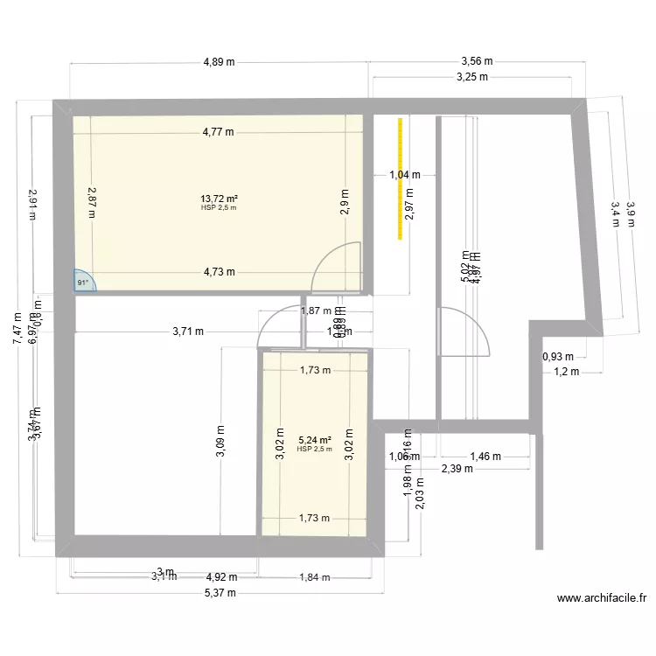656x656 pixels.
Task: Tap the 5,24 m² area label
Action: click(x=315, y=440)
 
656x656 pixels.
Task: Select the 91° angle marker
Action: click(x=84, y=282)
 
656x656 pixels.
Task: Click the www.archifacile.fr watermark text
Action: click(x=602, y=599)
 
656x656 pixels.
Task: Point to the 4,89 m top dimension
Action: click(x=219, y=62)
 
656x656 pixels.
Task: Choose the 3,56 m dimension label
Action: click(x=477, y=62)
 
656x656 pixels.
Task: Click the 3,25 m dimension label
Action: click(x=472, y=77)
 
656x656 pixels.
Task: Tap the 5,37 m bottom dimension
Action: click(x=219, y=592)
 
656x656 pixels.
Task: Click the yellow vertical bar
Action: click(x=401, y=178)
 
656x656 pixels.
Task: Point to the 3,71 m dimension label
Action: click(x=187, y=331)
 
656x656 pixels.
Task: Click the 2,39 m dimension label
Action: click(x=457, y=469)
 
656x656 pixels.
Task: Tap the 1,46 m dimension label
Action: click(x=485, y=456)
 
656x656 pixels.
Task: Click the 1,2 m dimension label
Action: click(x=566, y=372)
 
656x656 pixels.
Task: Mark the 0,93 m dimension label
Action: click(x=557, y=357)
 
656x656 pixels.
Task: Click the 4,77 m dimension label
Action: click(x=218, y=133)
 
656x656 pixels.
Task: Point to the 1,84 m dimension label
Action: click(x=314, y=576)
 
